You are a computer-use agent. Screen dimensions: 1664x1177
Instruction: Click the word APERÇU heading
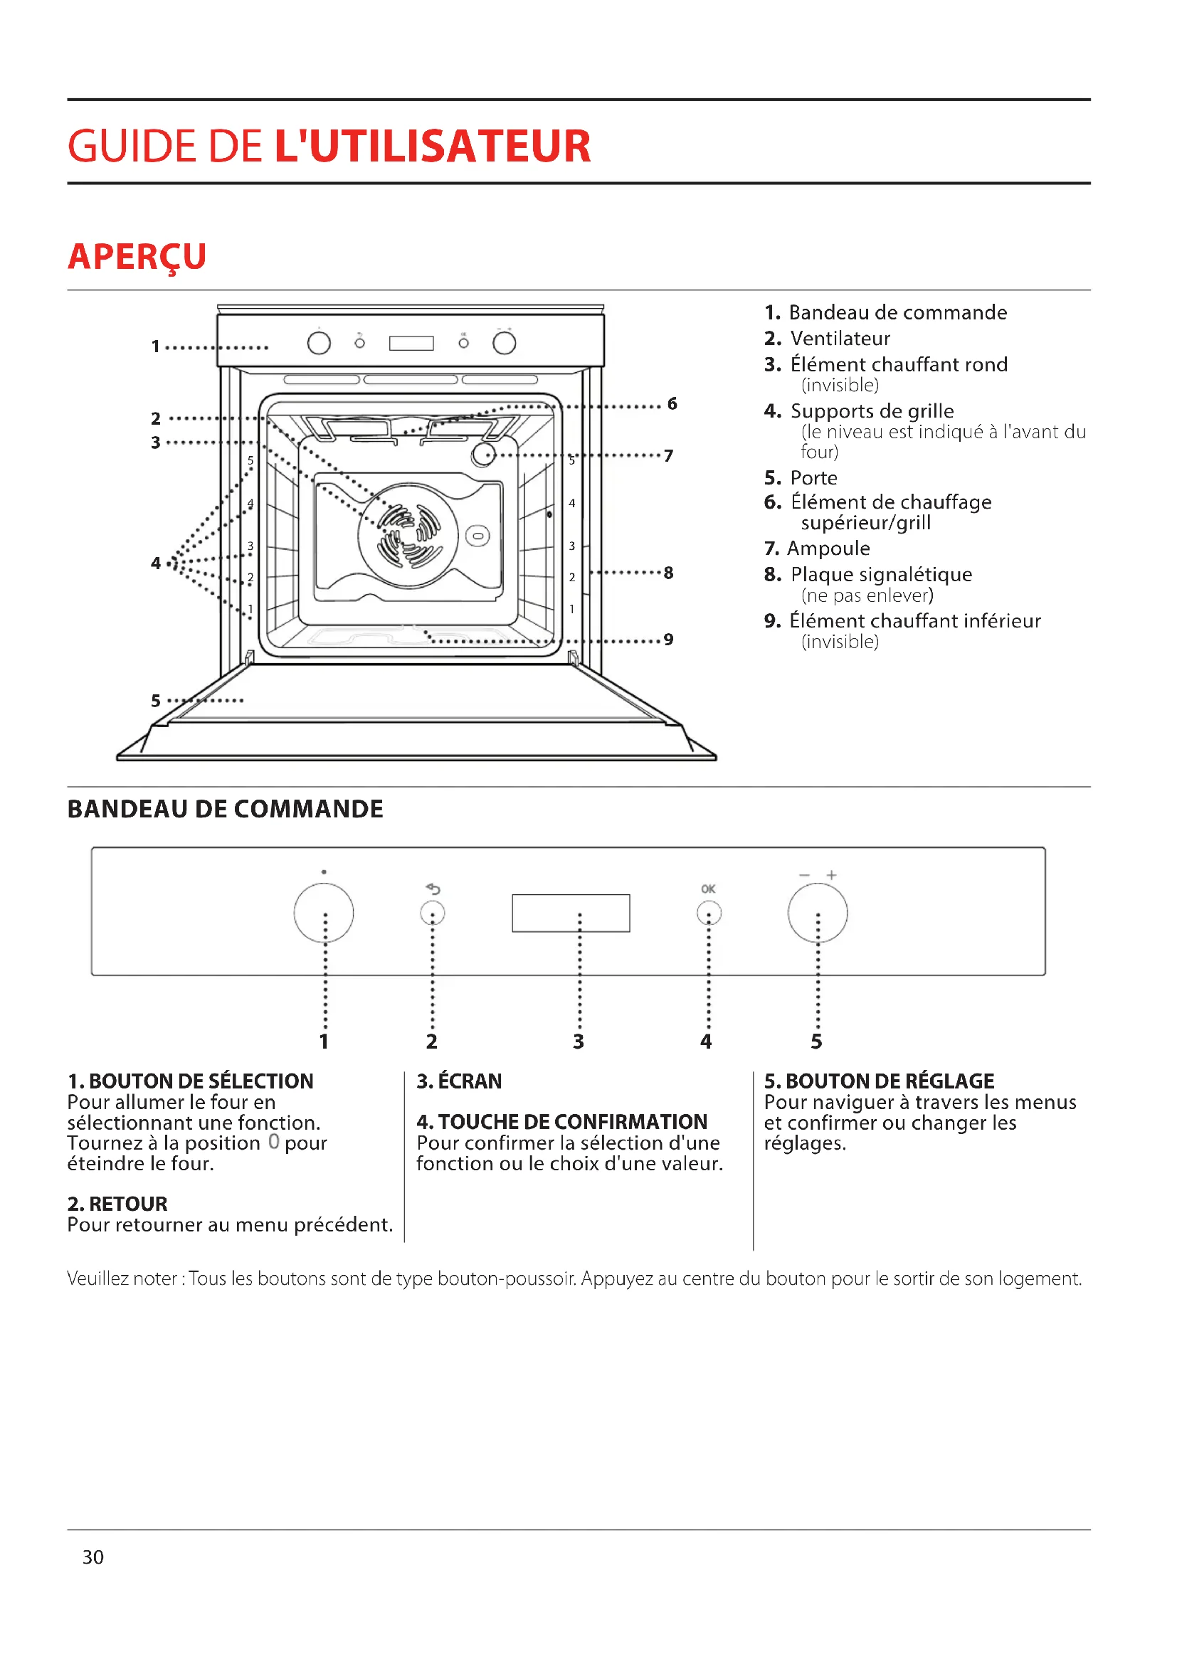(x=137, y=257)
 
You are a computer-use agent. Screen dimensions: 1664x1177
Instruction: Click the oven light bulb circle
(x=483, y=455)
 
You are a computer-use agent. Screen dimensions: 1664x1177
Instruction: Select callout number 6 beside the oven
(x=672, y=403)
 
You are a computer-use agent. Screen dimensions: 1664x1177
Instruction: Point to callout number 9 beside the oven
(x=668, y=640)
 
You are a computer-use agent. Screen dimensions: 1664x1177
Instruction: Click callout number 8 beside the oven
(x=668, y=573)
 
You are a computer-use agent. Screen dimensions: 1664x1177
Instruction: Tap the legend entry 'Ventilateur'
(x=839, y=339)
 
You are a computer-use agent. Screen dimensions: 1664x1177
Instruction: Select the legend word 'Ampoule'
(x=828, y=549)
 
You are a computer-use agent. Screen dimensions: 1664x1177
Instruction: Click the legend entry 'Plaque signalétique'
(x=880, y=575)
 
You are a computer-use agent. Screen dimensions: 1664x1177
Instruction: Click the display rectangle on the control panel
(x=571, y=913)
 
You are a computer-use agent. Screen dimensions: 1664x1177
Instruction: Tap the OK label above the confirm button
(x=707, y=889)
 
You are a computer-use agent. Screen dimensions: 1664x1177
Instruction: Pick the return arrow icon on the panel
(x=433, y=889)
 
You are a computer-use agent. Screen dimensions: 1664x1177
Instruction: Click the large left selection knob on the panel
(x=323, y=913)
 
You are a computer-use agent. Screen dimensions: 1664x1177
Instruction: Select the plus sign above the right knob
(x=831, y=875)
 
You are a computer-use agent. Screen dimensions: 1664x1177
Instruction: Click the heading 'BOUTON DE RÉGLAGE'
(x=890, y=1081)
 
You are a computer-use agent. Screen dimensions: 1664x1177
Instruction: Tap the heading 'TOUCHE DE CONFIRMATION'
(x=572, y=1121)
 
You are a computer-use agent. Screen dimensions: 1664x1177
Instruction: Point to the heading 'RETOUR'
(x=127, y=1204)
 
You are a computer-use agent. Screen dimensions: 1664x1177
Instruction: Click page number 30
(x=93, y=1557)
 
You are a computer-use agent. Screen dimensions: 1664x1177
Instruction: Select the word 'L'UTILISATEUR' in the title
(x=432, y=146)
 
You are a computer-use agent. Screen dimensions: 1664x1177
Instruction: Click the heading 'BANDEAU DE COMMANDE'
(x=225, y=809)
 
